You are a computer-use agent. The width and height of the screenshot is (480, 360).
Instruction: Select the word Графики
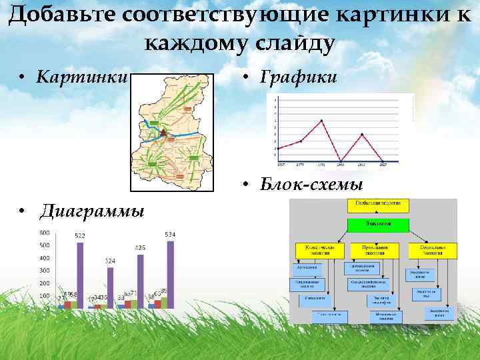[x=299, y=79]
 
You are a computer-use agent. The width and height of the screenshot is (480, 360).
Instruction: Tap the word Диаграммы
[x=91, y=212]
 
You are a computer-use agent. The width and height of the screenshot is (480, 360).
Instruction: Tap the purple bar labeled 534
[x=170, y=274]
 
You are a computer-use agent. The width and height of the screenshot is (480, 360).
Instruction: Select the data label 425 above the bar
[x=140, y=248]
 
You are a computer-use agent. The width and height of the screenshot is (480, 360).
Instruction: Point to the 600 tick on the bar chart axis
[x=45, y=233]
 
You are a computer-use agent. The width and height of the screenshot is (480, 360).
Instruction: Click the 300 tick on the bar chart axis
[x=45, y=271]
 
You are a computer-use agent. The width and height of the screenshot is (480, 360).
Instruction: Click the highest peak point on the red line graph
[x=322, y=121]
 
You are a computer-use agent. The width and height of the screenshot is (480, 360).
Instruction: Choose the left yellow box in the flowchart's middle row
[x=319, y=250]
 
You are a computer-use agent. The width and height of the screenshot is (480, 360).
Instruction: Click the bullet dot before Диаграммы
[x=23, y=213]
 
